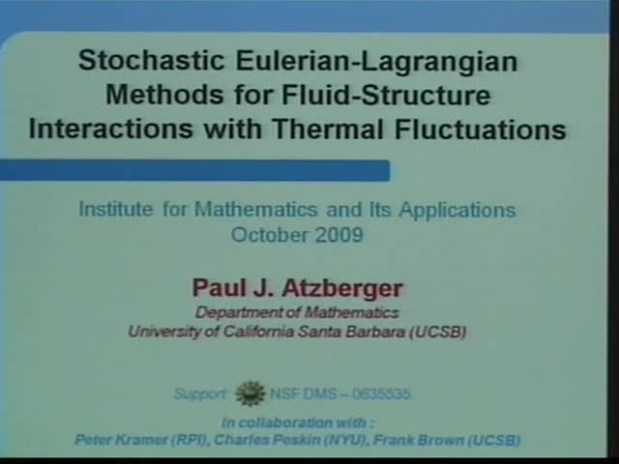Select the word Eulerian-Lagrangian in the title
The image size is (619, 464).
click(x=367, y=62)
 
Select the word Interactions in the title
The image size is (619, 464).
click(x=97, y=129)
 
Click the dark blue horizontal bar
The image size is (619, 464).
click(x=193, y=171)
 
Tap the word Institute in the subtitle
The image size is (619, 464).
click(x=114, y=209)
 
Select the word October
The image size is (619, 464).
click(x=268, y=234)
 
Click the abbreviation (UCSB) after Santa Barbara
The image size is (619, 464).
click(x=436, y=332)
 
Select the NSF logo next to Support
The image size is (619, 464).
click(x=251, y=393)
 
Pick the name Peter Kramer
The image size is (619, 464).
click(x=113, y=440)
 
